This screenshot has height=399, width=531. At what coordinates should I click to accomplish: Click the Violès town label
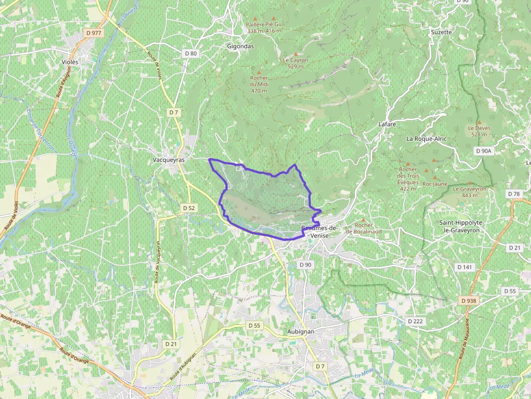(x=70, y=62)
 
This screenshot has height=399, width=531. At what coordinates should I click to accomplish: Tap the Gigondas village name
(x=240, y=47)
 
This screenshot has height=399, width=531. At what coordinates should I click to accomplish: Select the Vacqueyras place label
(x=169, y=160)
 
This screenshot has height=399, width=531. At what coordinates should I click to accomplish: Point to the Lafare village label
(x=387, y=125)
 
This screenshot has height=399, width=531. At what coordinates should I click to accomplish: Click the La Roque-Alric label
(x=426, y=139)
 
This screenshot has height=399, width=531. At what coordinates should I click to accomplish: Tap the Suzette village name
(x=441, y=32)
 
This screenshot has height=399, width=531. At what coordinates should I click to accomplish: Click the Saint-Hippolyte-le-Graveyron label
(x=461, y=226)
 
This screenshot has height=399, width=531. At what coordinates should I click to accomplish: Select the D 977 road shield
(x=94, y=33)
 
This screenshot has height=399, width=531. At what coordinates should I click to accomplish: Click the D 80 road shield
(x=191, y=53)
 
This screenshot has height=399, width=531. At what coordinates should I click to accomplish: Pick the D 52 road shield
(x=189, y=208)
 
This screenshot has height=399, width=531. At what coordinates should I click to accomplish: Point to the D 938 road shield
(x=468, y=300)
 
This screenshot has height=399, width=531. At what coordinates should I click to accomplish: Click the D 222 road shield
(x=415, y=321)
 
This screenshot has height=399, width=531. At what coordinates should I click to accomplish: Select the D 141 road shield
(x=464, y=267)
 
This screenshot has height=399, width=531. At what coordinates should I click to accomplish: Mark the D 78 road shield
(x=514, y=194)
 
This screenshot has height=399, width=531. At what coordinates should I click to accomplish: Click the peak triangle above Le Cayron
(x=296, y=54)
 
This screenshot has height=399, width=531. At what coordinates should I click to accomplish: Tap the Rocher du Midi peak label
(x=259, y=84)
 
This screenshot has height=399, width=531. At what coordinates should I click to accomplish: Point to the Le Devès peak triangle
(x=479, y=122)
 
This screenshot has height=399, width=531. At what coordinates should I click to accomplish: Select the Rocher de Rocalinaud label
(x=364, y=228)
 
